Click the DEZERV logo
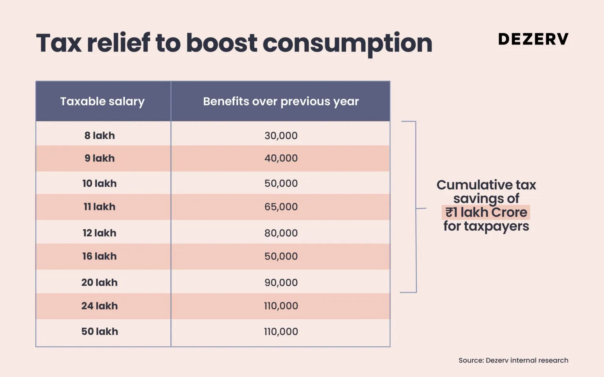pos(533,39)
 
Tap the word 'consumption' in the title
pos(347,43)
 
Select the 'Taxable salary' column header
pos(102,101)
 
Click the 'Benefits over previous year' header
pos(281,101)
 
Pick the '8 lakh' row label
pos(99,135)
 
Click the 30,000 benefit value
pos(281,135)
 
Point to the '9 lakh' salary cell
pos(99,158)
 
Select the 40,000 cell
pos(281,158)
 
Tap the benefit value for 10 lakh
pos(281,183)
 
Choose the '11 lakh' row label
pos(99,207)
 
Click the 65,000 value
pos(281,207)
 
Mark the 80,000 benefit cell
pos(281,233)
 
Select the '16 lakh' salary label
pos(99,256)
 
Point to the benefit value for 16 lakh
pos(281,256)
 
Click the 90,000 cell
pos(281,283)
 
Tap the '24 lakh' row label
pos(99,306)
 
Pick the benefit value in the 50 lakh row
pos(281,331)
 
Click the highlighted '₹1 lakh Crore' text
pos(486,213)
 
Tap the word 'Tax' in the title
pos(59,43)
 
